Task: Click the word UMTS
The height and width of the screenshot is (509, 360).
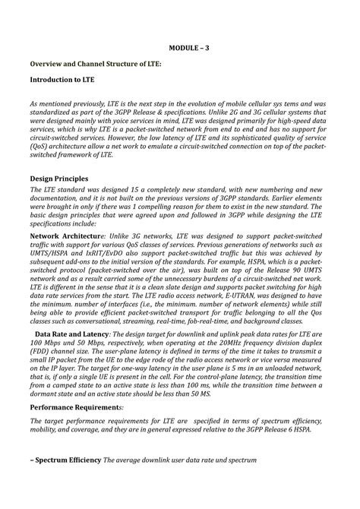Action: pyautogui.click(x=327, y=278)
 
